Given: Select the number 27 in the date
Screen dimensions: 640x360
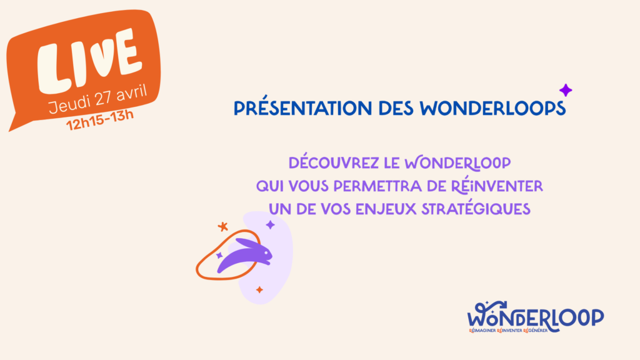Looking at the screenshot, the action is (x=103, y=97).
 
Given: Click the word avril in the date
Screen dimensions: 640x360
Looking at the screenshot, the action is (x=131, y=92).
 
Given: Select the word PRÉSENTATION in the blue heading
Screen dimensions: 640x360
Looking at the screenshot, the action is (x=303, y=107).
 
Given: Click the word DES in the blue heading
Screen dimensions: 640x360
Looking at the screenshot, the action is (x=396, y=109).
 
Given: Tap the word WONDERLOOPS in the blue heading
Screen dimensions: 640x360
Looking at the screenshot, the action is (x=492, y=109).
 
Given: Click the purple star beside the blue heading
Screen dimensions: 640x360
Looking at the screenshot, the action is (x=565, y=90).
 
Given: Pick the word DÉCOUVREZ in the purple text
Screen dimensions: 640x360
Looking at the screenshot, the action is (x=334, y=163).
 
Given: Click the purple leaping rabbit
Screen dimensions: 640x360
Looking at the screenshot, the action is (x=245, y=255).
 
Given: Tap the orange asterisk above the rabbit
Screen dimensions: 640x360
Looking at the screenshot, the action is (x=222, y=226).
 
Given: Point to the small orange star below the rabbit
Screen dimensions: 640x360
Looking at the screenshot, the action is (x=259, y=290).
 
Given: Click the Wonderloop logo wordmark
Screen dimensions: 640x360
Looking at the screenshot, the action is (x=535, y=316).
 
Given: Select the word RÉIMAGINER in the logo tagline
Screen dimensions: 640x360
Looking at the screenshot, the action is (x=482, y=331).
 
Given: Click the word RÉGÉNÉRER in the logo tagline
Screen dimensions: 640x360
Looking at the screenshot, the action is (x=535, y=331).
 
